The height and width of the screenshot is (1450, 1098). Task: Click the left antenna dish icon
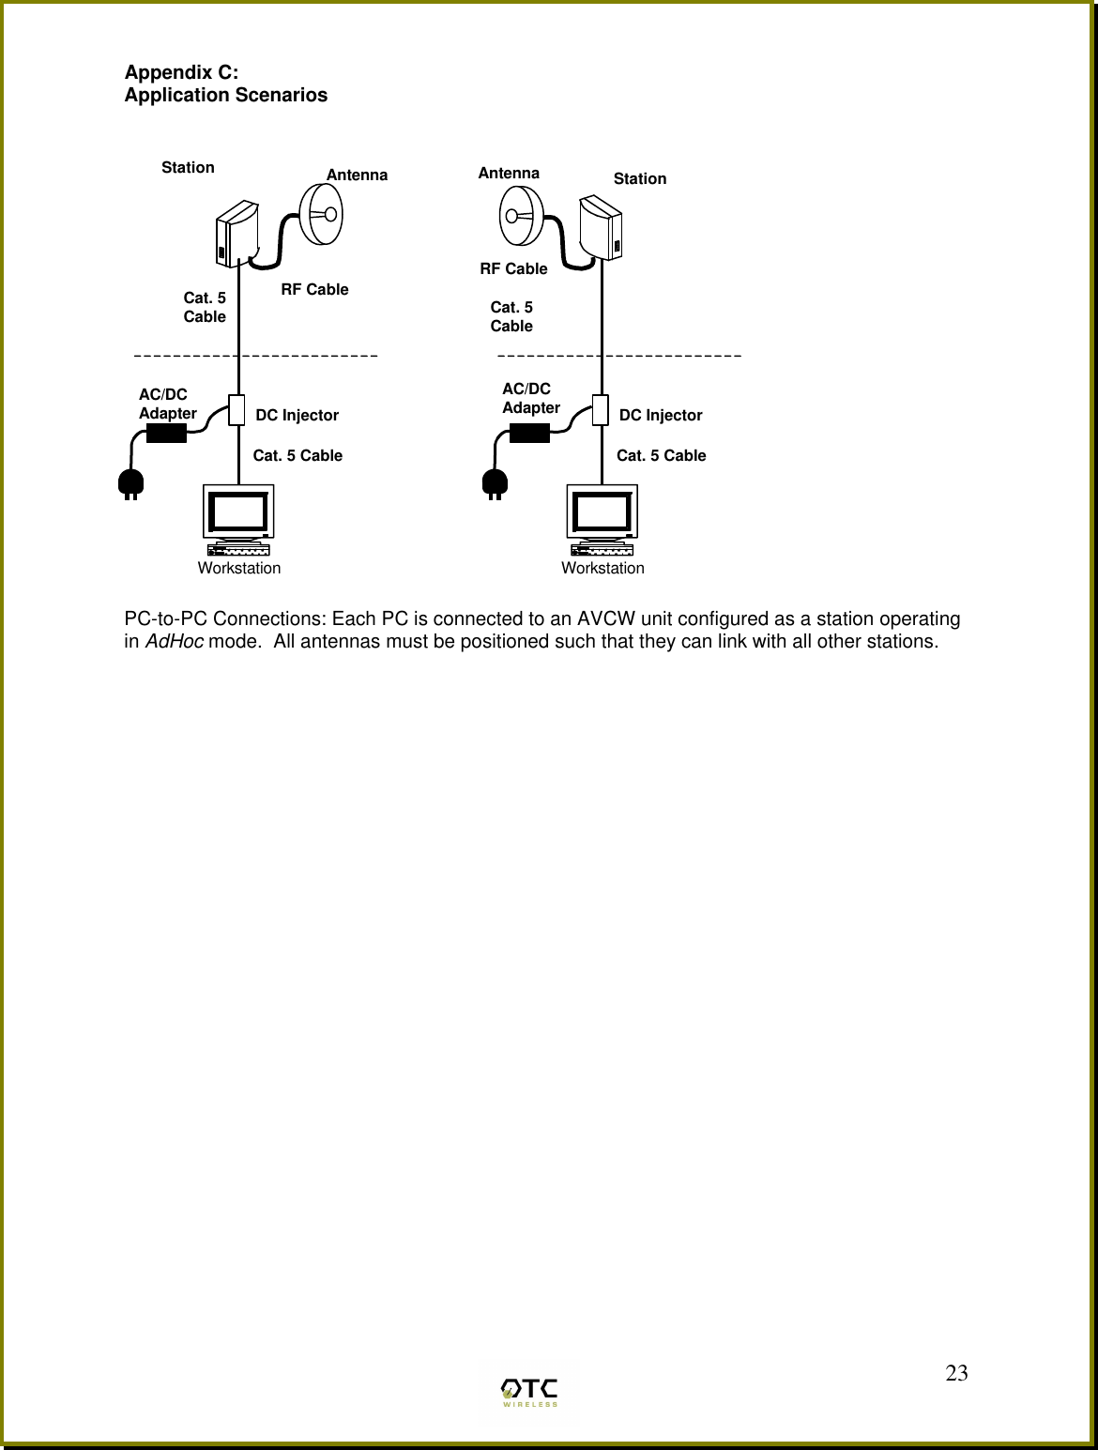click(321, 214)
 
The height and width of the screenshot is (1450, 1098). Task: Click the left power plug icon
click(130, 484)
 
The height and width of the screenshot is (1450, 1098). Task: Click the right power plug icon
click(494, 484)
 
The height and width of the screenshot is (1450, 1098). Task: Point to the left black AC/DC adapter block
click(166, 434)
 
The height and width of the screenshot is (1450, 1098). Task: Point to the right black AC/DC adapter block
click(529, 433)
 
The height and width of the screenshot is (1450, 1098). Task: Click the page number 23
click(956, 1375)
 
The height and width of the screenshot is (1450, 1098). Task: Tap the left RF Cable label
click(314, 289)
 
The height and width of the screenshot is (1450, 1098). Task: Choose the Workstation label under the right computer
click(602, 568)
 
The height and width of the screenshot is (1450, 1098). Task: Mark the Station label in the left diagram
click(188, 167)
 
